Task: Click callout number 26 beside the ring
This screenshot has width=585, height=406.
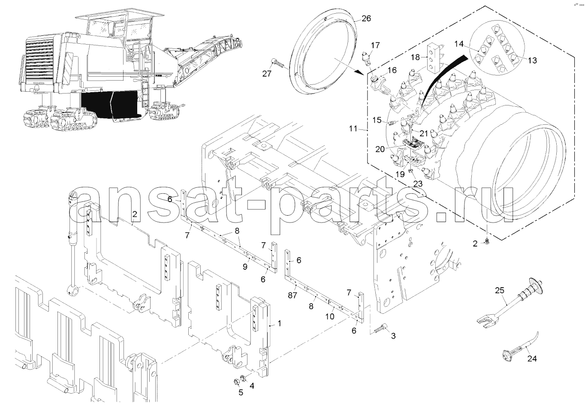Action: pos(366,18)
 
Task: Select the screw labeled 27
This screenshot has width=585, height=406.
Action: pos(279,63)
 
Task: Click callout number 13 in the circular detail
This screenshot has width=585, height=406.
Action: pos(532,60)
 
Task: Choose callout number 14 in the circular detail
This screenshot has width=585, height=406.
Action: pos(459,44)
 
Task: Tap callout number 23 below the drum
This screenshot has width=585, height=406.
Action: pos(417,183)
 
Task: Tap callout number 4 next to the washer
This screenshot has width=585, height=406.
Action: pos(252,386)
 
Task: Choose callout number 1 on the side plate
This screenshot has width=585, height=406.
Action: pos(279,324)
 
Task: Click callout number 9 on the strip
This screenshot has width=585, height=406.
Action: pos(245,267)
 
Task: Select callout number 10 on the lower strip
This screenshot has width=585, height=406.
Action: pos(329,316)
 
